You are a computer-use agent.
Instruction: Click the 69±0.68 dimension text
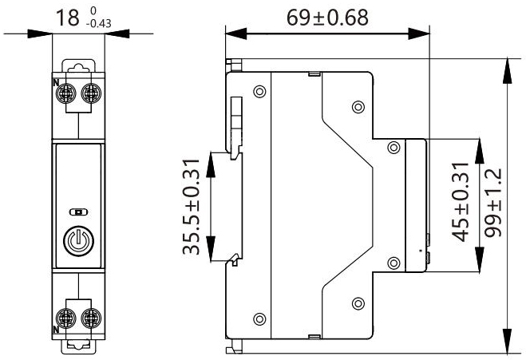327,18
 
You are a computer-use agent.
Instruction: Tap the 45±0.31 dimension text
461,204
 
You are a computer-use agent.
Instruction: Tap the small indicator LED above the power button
77,213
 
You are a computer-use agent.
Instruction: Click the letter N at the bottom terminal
55,328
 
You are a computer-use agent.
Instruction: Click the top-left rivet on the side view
257,91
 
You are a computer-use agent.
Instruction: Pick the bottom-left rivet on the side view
257,315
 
